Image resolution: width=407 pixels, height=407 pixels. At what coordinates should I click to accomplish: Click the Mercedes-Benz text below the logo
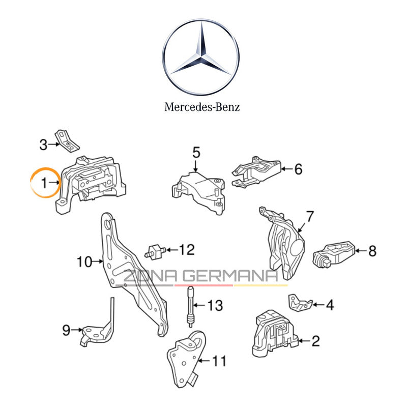pos(202,107)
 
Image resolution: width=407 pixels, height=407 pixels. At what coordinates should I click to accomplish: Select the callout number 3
pos(44,145)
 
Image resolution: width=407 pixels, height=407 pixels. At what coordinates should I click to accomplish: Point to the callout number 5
pos(196,152)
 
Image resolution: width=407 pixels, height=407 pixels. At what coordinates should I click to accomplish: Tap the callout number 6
pos(298,169)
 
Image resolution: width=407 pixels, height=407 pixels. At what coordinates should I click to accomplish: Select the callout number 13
pos(215,306)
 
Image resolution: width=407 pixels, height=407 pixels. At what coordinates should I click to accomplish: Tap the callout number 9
pos(66,330)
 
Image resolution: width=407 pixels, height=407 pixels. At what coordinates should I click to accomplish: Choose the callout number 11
pos(219,361)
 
